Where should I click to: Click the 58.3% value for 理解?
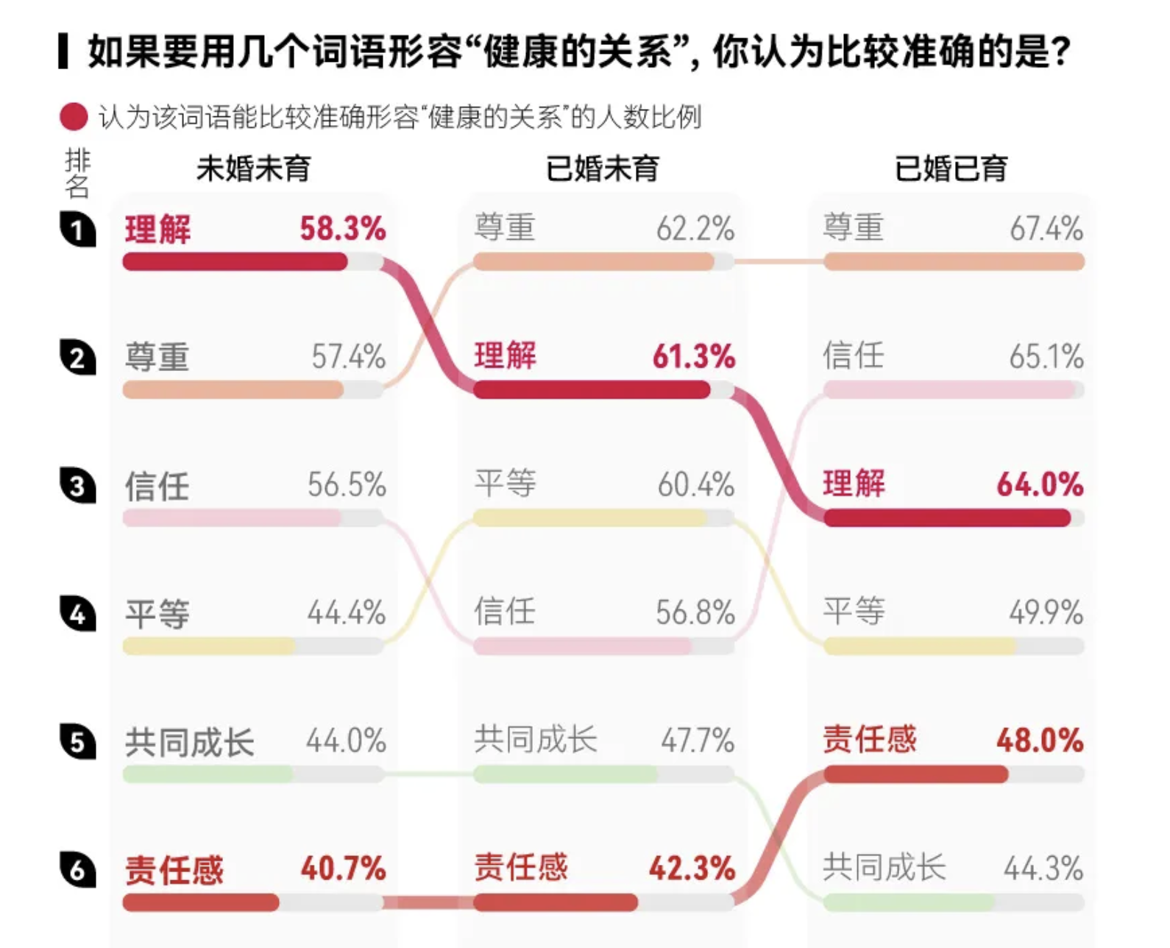click(342, 228)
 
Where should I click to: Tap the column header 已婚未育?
click(602, 169)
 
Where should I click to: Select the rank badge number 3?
click(78, 486)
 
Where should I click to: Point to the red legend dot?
click(74, 117)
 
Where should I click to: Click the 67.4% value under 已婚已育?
click(1046, 228)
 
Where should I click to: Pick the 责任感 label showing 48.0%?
click(869, 740)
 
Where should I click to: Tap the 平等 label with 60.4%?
click(505, 484)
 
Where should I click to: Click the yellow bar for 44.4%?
click(209, 646)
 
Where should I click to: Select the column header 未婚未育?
click(253, 169)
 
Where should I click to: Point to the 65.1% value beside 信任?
click(1046, 357)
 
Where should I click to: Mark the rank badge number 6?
click(78, 870)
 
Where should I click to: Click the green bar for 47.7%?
click(565, 774)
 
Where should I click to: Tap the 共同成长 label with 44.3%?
click(883, 868)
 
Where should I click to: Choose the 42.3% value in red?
click(692, 869)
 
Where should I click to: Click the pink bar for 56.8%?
click(582, 646)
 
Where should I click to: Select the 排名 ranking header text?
click(77, 173)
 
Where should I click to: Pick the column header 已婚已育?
click(951, 169)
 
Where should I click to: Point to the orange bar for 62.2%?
click(593, 261)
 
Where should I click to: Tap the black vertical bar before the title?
click(63, 52)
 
